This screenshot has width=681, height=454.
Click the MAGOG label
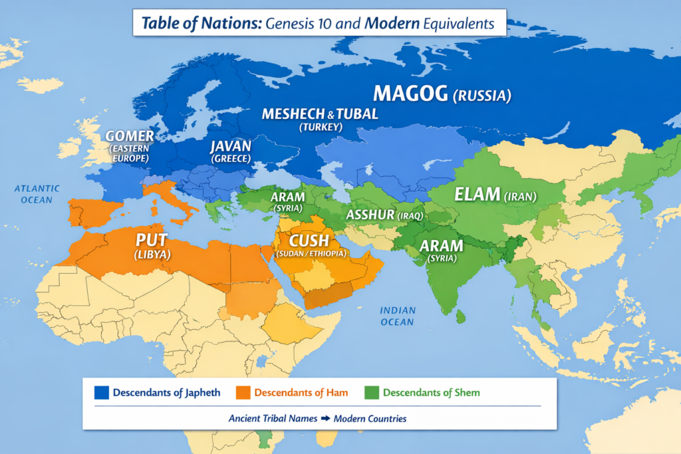point(410,94)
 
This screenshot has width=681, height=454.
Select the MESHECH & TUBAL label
point(320,114)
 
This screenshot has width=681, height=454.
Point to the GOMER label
point(130,136)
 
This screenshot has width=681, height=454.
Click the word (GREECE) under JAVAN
point(230,159)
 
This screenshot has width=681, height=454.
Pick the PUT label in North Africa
point(153,240)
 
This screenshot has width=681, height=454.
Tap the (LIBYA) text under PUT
point(153,255)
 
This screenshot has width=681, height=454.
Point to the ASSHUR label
point(370,215)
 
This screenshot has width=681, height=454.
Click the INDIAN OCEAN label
point(398,316)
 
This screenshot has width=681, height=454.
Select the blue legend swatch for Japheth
point(101,392)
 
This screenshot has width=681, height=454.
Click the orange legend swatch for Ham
point(242,392)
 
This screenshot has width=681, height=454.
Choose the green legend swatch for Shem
point(371,392)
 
